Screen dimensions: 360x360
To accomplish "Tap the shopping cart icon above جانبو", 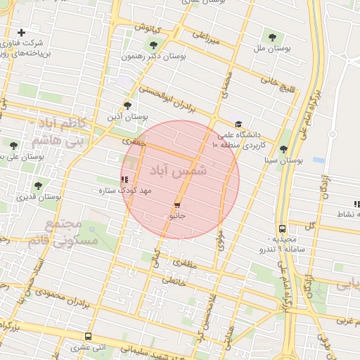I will coord(176,205).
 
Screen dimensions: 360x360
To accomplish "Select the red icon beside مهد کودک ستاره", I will coord(125,180).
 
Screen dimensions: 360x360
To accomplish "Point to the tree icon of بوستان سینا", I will coord(283,149).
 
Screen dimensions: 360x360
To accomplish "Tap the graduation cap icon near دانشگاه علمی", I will coord(238,124).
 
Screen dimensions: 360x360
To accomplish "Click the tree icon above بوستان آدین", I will coord(127,105).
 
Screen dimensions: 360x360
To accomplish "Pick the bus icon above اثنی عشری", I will coord(88,337).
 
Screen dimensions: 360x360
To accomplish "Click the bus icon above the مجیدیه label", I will coord(282,229).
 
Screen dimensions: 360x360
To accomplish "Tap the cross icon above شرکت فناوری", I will coord(22,32).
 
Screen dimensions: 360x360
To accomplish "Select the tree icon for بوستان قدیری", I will coord(38,186).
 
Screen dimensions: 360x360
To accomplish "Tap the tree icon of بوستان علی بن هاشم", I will coord(13,146).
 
